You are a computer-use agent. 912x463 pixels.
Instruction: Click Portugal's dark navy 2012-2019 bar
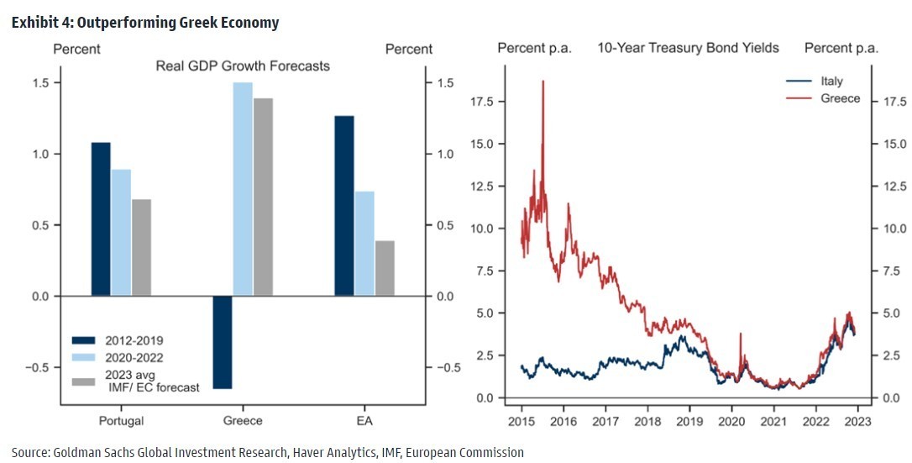pyautogui.click(x=101, y=219)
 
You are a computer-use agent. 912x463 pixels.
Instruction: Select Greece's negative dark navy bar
pyautogui.click(x=222, y=343)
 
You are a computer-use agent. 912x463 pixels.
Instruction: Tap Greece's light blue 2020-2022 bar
pyautogui.click(x=242, y=189)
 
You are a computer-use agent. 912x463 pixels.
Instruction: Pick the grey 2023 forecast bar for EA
pyautogui.click(x=384, y=268)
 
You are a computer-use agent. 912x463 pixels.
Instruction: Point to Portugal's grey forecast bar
pyautogui.click(x=141, y=248)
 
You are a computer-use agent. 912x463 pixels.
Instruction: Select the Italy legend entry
pyautogui.click(x=831, y=82)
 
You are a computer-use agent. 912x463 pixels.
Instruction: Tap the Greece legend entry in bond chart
pyautogui.click(x=840, y=98)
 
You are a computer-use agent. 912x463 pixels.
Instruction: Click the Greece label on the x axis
pyautogui.click(x=242, y=421)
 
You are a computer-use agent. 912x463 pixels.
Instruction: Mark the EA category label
pyautogui.click(x=364, y=421)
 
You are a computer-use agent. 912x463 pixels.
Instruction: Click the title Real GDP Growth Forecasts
pyautogui.click(x=243, y=66)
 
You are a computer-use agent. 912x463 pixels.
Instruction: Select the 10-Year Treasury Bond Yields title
pyautogui.click(x=688, y=48)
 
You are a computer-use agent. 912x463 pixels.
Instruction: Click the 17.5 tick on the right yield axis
pyautogui.click(x=889, y=101)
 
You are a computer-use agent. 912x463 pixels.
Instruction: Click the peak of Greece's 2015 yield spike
pyautogui.click(x=543, y=82)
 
